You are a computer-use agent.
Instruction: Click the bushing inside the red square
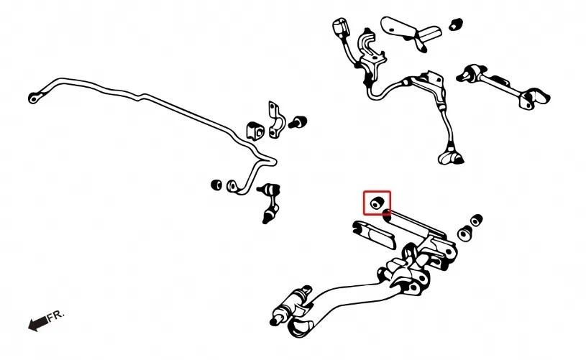click(x=377, y=203)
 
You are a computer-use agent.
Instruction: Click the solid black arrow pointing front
click(x=37, y=323)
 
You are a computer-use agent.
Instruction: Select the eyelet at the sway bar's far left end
click(x=34, y=98)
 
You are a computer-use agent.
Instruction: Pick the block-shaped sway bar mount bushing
click(x=255, y=131)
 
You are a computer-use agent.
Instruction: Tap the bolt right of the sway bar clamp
click(x=298, y=121)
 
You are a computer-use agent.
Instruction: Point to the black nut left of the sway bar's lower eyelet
click(x=216, y=185)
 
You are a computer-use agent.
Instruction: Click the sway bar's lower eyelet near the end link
click(x=232, y=186)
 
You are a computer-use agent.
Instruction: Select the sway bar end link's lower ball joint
click(x=268, y=216)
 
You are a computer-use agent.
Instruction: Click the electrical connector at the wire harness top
click(x=339, y=27)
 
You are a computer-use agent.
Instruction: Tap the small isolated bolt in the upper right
click(x=456, y=24)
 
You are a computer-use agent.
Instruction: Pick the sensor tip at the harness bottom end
click(x=451, y=157)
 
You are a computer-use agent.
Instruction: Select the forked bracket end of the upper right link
click(x=534, y=98)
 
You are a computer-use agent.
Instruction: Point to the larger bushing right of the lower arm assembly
click(x=465, y=234)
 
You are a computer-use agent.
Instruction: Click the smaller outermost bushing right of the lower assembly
click(x=477, y=220)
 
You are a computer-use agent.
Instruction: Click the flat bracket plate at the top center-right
click(x=411, y=32)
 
